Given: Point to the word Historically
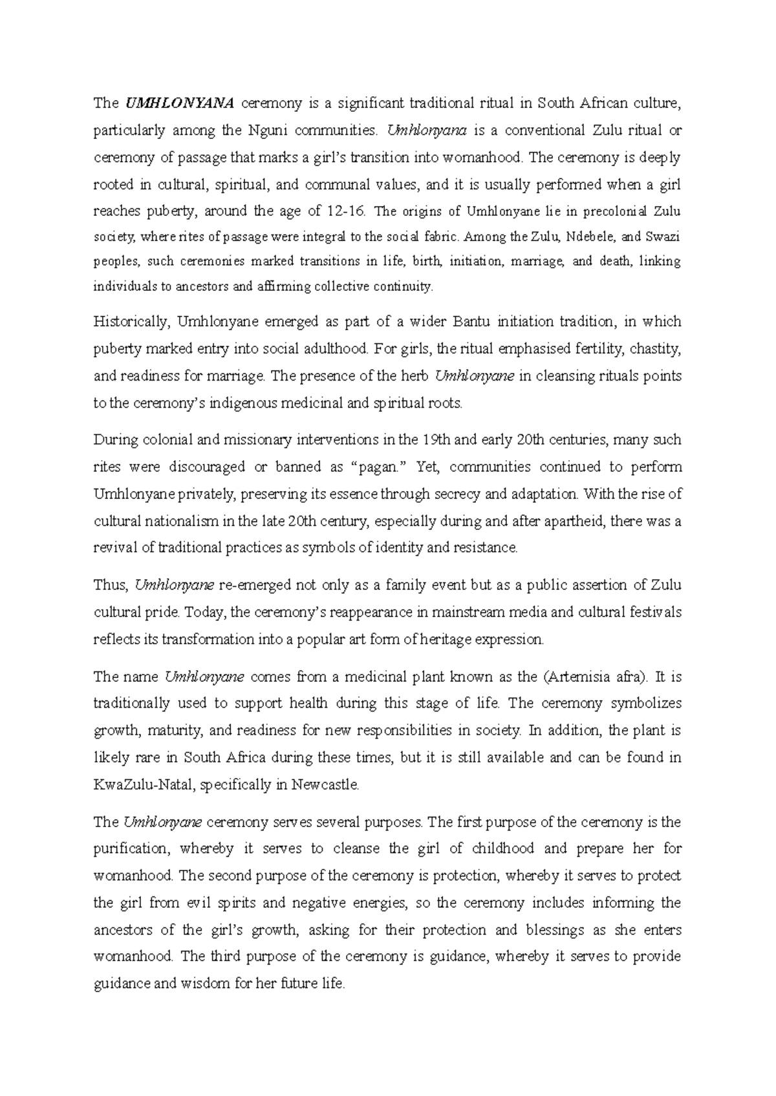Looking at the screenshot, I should click(129, 322).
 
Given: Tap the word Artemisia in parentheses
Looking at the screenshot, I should click(577, 677).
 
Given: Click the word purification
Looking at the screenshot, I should click(131, 848).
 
